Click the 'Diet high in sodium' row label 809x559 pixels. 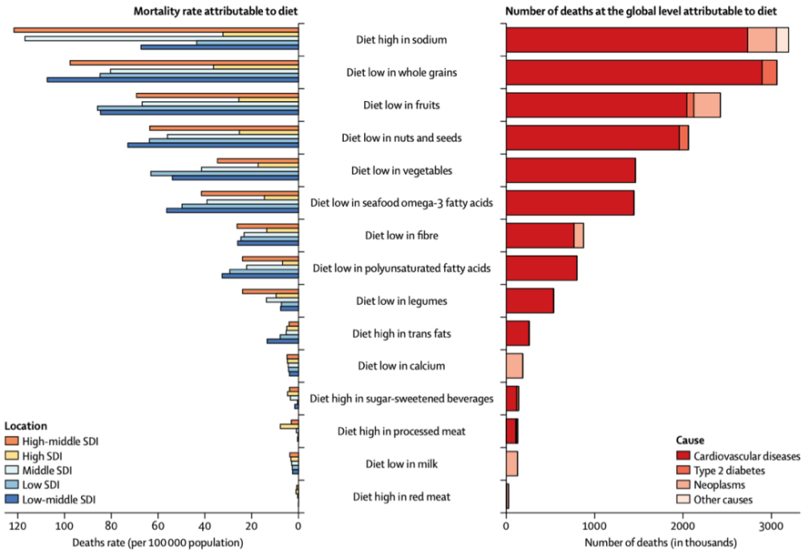click(x=402, y=39)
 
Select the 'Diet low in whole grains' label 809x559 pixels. click(x=402, y=72)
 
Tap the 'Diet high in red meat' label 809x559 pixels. click(x=402, y=496)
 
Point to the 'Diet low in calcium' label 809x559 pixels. click(x=402, y=366)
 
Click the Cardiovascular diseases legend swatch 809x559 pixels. click(x=682, y=455)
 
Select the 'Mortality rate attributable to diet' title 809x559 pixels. click(x=211, y=10)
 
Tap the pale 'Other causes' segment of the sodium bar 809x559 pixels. click(x=782, y=39)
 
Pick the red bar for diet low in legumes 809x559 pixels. click(x=530, y=301)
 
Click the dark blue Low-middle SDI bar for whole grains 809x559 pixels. click(x=173, y=80)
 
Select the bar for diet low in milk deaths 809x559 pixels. click(x=512, y=464)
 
